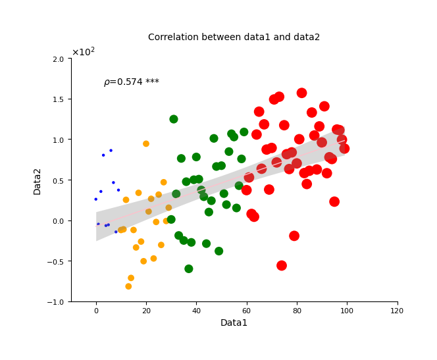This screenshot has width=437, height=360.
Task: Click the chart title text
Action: (x=234, y=37)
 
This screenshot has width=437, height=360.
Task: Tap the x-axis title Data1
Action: (x=234, y=322)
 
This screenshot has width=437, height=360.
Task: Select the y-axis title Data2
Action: (x=37, y=182)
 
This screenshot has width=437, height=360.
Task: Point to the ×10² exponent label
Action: (x=84, y=52)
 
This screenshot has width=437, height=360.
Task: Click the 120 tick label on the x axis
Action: (x=397, y=311)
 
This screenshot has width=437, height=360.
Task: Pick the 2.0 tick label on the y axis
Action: (x=59, y=59)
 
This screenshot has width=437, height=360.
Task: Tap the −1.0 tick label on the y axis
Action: (x=55, y=302)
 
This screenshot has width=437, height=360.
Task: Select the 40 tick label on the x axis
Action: (x=196, y=311)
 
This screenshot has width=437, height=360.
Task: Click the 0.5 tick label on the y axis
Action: (x=59, y=180)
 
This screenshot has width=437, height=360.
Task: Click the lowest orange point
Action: (x=128, y=286)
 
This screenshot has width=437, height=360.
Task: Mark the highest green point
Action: (x=174, y=119)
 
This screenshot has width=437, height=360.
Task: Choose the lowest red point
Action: (x=282, y=265)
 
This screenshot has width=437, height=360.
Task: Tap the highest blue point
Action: (x=111, y=151)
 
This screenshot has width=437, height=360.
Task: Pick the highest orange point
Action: (x=146, y=143)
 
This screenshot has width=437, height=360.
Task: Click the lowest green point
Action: (x=189, y=269)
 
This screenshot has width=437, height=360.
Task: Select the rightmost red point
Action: (x=344, y=149)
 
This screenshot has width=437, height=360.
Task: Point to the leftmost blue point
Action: (x=96, y=199)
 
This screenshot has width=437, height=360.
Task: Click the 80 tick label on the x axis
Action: (x=297, y=311)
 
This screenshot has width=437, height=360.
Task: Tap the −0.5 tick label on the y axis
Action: (x=55, y=262)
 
